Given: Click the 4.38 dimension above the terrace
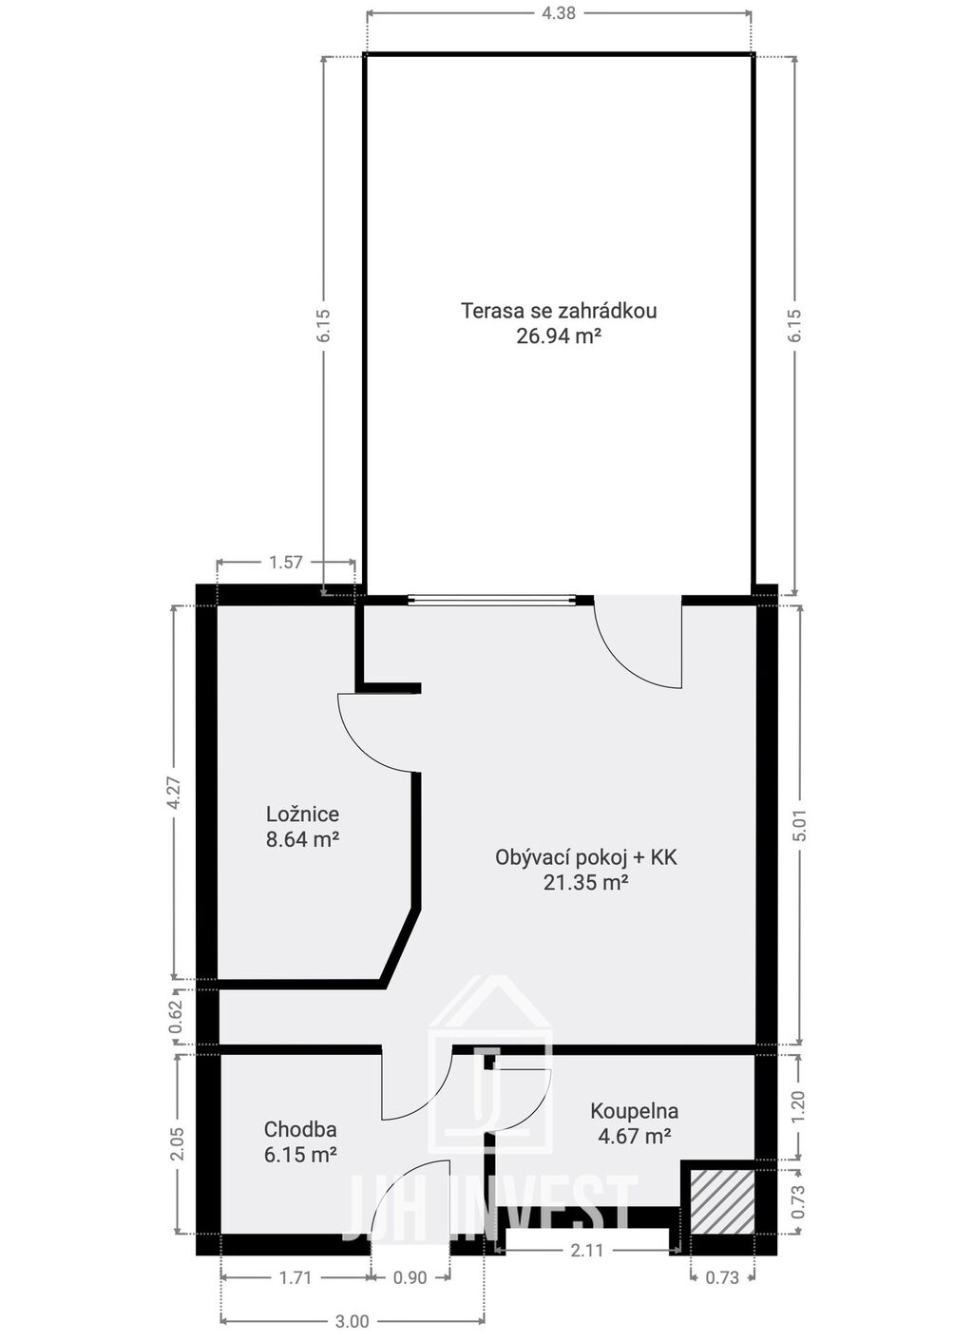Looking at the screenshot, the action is click(559, 13).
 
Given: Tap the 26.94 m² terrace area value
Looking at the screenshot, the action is click(559, 336).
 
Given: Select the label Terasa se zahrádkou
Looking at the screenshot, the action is click(559, 311).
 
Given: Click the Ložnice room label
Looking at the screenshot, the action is click(302, 814).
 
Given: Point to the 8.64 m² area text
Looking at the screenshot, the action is click(302, 839).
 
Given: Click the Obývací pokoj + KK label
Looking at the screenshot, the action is click(586, 858).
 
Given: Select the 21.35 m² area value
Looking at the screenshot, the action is click(586, 883).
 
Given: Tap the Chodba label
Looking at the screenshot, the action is click(300, 1129).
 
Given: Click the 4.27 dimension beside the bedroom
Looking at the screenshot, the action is click(174, 795).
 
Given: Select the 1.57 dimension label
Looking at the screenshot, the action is click(286, 562).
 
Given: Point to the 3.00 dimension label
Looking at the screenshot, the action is click(353, 1316).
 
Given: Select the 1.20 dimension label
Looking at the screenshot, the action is click(799, 1108).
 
